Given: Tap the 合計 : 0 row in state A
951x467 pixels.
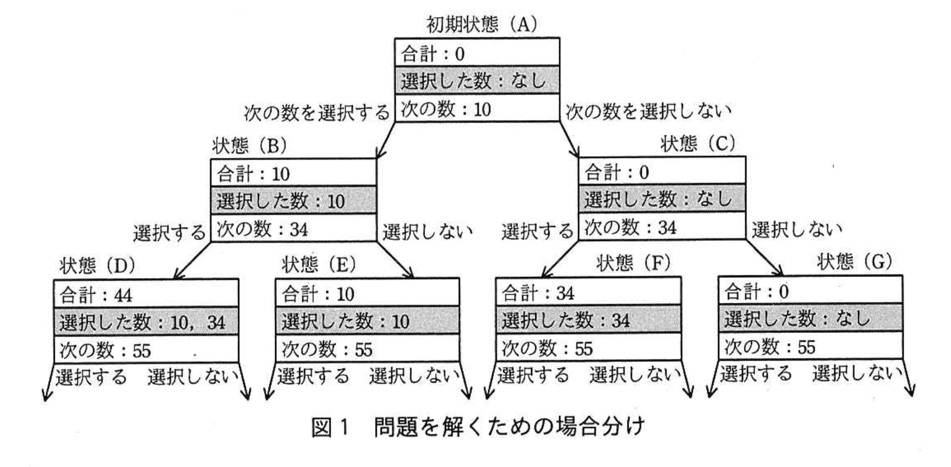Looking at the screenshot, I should pyautogui.click(x=477, y=53).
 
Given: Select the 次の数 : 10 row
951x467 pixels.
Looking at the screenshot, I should pyautogui.click(x=477, y=109).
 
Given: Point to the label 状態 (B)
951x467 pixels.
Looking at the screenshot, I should pyautogui.click(x=250, y=145).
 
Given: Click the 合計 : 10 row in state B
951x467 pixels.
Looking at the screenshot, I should pyautogui.click(x=294, y=173).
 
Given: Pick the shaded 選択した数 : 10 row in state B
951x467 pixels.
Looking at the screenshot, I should pyautogui.click(x=294, y=201).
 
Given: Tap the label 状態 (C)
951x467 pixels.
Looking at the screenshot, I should pyautogui.click(x=698, y=144).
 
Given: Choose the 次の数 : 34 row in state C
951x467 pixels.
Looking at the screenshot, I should pyautogui.click(x=662, y=227).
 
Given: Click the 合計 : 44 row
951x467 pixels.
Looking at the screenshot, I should pyautogui.click(x=146, y=295).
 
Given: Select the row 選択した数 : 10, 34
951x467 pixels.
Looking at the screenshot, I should pyautogui.click(x=146, y=322).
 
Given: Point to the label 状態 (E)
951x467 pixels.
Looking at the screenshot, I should pyautogui.click(x=319, y=265).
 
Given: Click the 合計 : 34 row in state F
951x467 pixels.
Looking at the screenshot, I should pyautogui.click(x=588, y=292).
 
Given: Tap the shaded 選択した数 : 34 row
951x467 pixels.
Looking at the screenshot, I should pyautogui.click(x=588, y=320).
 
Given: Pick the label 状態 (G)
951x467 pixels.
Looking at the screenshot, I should pyautogui.click(x=855, y=262).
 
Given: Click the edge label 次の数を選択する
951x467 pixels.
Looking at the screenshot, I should pyautogui.click(x=317, y=112).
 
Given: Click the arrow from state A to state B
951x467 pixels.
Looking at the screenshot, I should pyautogui.click(x=387, y=139).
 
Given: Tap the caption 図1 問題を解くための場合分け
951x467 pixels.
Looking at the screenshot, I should pyautogui.click(x=478, y=427).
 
